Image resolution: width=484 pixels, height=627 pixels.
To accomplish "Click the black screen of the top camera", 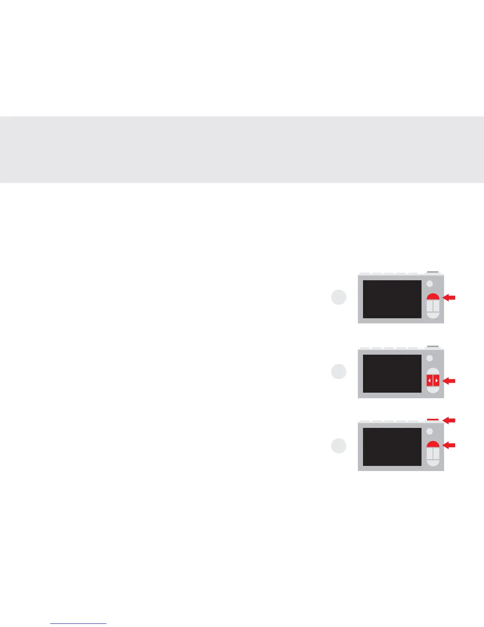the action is click(392, 299).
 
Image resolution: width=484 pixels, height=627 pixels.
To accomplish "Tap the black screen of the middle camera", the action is click(392, 374).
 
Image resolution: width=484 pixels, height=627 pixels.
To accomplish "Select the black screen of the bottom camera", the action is click(392, 446).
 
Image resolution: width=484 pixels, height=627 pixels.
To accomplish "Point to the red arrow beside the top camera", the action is click(449, 298).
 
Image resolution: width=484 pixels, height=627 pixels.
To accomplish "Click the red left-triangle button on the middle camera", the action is click(429, 381).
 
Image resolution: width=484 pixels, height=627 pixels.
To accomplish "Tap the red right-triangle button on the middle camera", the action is click(436, 381).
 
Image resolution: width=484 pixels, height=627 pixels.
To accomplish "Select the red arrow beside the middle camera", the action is click(449, 381).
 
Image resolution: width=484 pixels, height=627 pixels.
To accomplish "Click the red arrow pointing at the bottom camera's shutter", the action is click(449, 420).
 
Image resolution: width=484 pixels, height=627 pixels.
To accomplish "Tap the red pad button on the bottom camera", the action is click(433, 444).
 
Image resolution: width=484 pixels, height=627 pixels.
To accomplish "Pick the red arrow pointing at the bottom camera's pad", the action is click(449, 446).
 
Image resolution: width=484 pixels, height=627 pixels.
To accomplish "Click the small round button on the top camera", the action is click(430, 284).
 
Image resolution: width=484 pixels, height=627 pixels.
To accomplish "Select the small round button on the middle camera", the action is click(430, 358).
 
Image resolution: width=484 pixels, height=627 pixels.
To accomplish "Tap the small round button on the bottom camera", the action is click(430, 431).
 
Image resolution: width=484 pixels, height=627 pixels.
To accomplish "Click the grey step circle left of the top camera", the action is click(338, 297).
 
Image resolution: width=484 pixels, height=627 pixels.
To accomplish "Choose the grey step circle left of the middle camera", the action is click(338, 372).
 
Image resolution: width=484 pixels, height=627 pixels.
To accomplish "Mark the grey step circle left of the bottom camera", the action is click(338, 446).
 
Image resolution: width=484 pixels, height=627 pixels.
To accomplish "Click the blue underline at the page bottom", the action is click(78, 624).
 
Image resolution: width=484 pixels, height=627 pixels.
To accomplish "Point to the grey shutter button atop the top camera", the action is click(433, 272).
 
